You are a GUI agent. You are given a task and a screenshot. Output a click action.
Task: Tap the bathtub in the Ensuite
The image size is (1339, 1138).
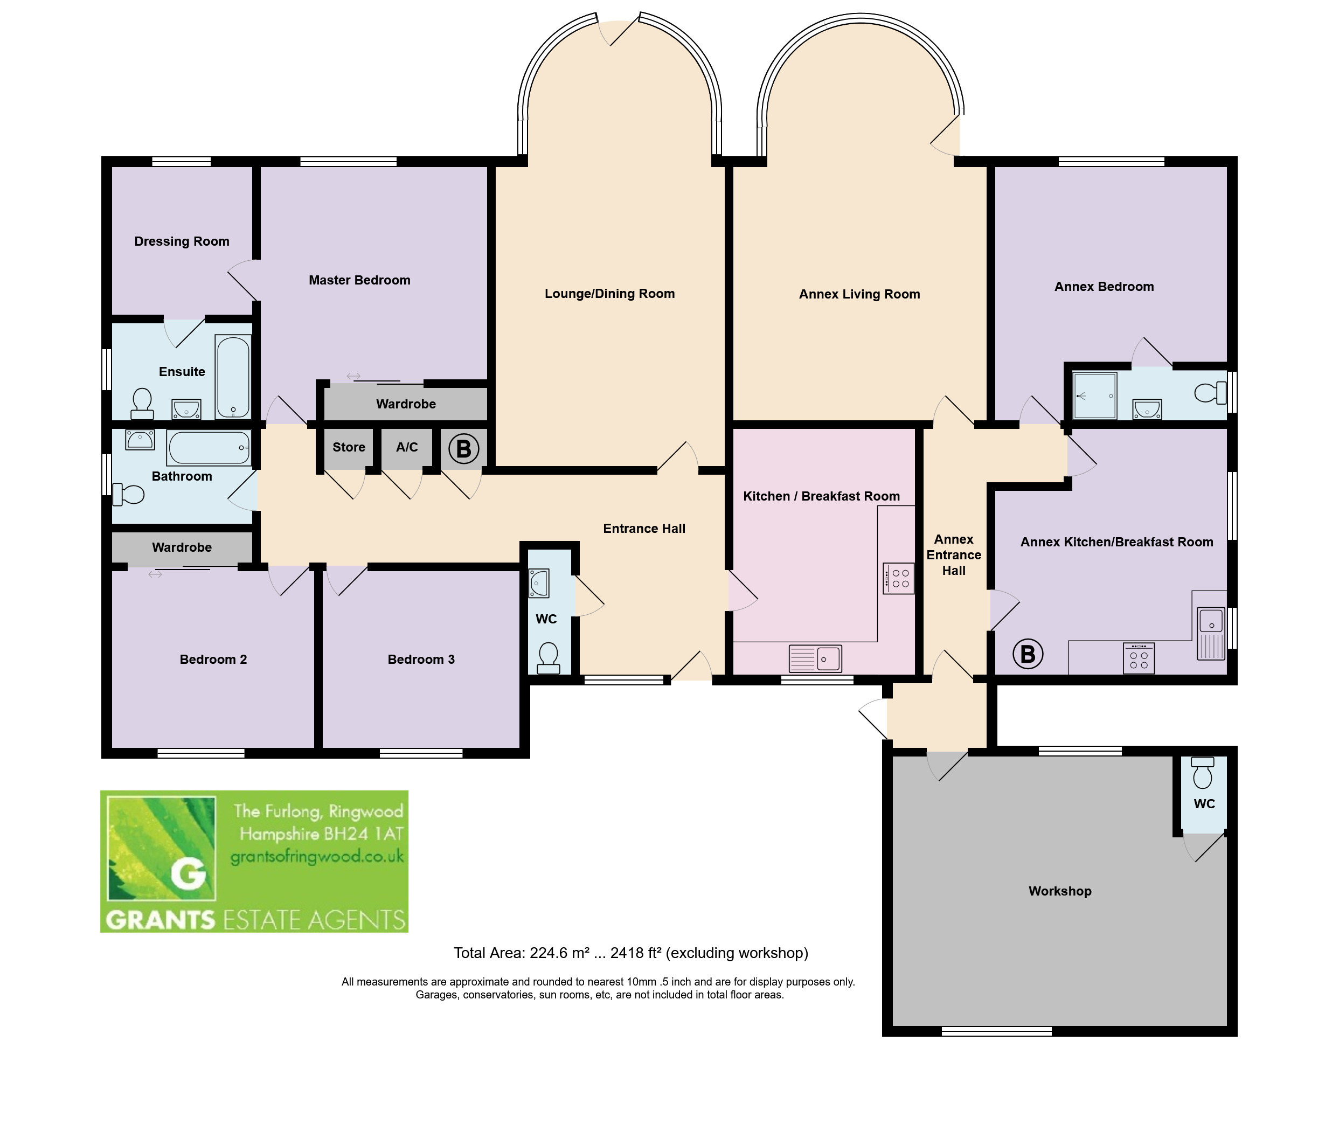[233, 377]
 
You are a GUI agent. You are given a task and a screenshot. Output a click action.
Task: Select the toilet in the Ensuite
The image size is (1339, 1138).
[142, 403]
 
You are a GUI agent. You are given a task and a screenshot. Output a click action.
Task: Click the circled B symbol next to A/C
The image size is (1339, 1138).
[463, 448]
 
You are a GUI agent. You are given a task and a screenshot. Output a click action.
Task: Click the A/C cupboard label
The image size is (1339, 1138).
[406, 447]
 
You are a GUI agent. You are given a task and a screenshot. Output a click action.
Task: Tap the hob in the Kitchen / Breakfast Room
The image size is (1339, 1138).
[898, 578]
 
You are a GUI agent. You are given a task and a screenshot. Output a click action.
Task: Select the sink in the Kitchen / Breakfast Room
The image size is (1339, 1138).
[815, 658]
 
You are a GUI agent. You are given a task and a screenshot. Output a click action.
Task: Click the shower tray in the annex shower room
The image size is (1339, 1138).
[1094, 395]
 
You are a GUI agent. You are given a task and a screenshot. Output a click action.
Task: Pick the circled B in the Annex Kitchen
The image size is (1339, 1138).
[1028, 654]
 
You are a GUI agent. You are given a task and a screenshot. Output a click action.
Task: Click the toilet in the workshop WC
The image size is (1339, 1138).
[1202, 773]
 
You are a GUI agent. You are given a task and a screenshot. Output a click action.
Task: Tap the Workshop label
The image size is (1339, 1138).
[1060, 891]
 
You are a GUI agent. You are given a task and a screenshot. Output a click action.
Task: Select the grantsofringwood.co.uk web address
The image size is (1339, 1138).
[317, 857]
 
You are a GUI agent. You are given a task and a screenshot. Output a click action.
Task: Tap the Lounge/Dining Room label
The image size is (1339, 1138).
[609, 294]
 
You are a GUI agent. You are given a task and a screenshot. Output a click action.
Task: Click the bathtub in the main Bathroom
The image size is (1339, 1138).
[209, 447]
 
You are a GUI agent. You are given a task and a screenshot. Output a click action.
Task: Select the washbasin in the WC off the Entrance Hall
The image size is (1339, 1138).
[539, 583]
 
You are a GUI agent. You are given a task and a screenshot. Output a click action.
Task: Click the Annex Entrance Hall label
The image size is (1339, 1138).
[953, 555]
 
